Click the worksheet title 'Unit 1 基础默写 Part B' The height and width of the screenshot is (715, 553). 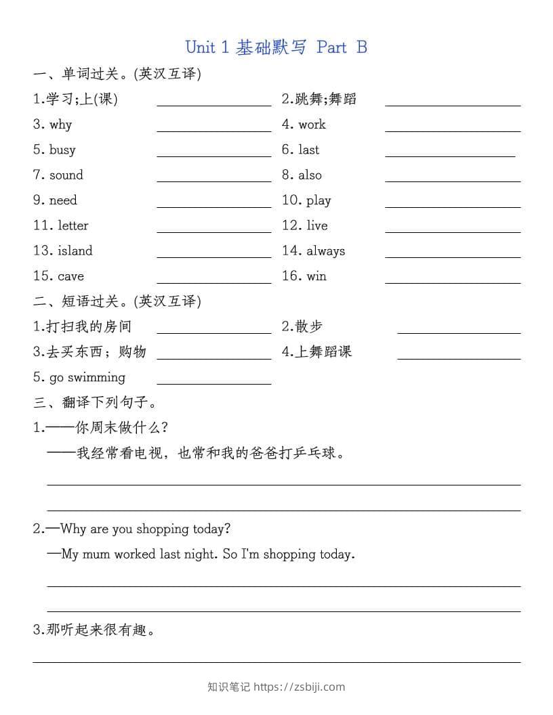[x=276, y=47]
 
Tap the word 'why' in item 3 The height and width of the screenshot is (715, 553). [x=60, y=125]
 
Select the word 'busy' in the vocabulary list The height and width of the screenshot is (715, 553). [x=62, y=150]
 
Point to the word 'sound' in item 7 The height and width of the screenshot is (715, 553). [x=66, y=175]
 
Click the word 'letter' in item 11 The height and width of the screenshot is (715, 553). [x=73, y=225]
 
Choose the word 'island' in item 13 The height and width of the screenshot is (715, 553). [x=75, y=251]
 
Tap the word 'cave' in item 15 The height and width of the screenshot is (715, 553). [x=71, y=276]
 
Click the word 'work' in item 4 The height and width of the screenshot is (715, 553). [x=312, y=125]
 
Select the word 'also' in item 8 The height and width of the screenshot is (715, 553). [x=310, y=175]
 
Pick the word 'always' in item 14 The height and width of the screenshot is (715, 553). [x=326, y=251]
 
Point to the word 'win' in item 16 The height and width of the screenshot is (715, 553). [x=316, y=276]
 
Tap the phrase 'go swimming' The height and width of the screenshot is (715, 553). [x=87, y=378]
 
